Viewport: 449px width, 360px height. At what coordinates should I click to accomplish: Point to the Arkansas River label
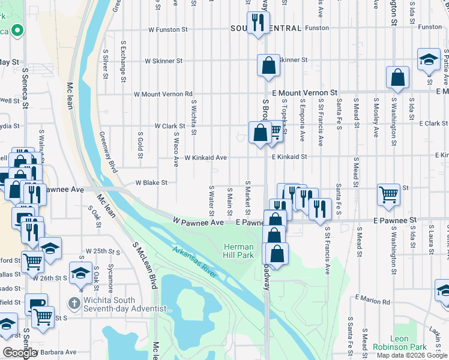pyautogui.click(x=194, y=262)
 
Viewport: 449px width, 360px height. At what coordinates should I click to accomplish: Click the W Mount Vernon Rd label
pyautogui.click(x=163, y=94)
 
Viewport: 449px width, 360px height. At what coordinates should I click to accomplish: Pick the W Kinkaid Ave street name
pyautogui.click(x=205, y=157)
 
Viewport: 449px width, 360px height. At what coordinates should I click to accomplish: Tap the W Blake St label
pyautogui.click(x=151, y=182)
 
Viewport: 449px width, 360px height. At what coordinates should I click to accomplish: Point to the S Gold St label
pyautogui.click(x=140, y=142)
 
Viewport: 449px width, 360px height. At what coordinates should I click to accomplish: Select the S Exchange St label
pyautogui.click(x=123, y=62)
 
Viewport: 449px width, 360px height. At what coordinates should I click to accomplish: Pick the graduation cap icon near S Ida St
pyautogui.click(x=429, y=60)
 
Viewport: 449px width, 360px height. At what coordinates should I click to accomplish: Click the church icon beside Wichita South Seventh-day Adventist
pyautogui.click(x=74, y=302)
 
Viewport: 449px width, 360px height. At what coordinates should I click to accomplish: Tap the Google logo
pyautogui.click(x=20, y=353)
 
